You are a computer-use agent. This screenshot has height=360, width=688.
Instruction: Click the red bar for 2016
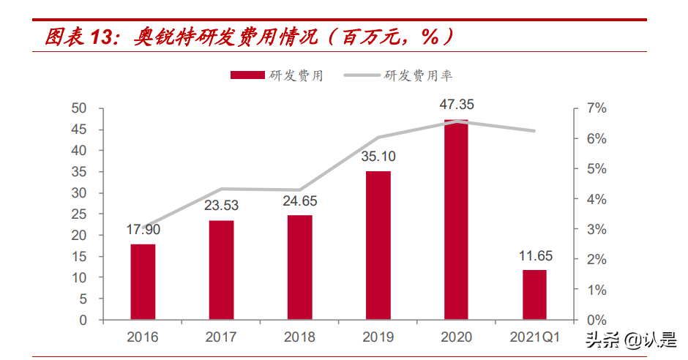pos(143,282)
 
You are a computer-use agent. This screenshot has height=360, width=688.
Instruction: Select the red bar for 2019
pos(378,245)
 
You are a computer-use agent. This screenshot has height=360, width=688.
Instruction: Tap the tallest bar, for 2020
pos(456,220)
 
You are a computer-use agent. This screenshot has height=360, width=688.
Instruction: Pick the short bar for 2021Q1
pos(534,294)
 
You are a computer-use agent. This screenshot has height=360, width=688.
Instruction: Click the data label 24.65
pos(299,201)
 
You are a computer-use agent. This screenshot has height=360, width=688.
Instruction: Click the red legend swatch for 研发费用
pos(247,75)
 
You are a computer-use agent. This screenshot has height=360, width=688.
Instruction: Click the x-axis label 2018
pos(299,337)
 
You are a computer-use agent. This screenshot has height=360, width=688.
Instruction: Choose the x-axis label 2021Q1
pos(534,337)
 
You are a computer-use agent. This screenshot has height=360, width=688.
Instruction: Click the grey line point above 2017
pos(221,189)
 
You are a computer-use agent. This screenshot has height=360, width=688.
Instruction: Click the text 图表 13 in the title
pos(77,37)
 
